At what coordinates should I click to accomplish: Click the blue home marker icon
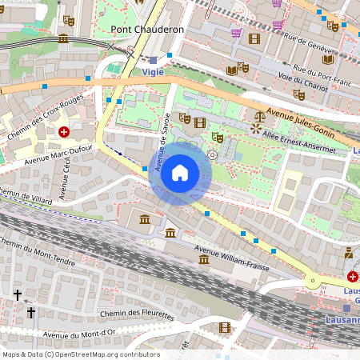(x=180, y=172)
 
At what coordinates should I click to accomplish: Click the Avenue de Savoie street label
(x=162, y=149)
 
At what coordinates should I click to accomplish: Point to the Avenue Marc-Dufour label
(x=59, y=156)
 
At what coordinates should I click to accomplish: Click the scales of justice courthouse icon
(x=256, y=126)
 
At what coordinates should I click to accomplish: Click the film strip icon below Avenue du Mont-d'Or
(x=224, y=327)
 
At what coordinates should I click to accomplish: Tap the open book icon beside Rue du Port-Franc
(x=232, y=70)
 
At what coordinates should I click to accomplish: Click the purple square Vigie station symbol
(x=153, y=60)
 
